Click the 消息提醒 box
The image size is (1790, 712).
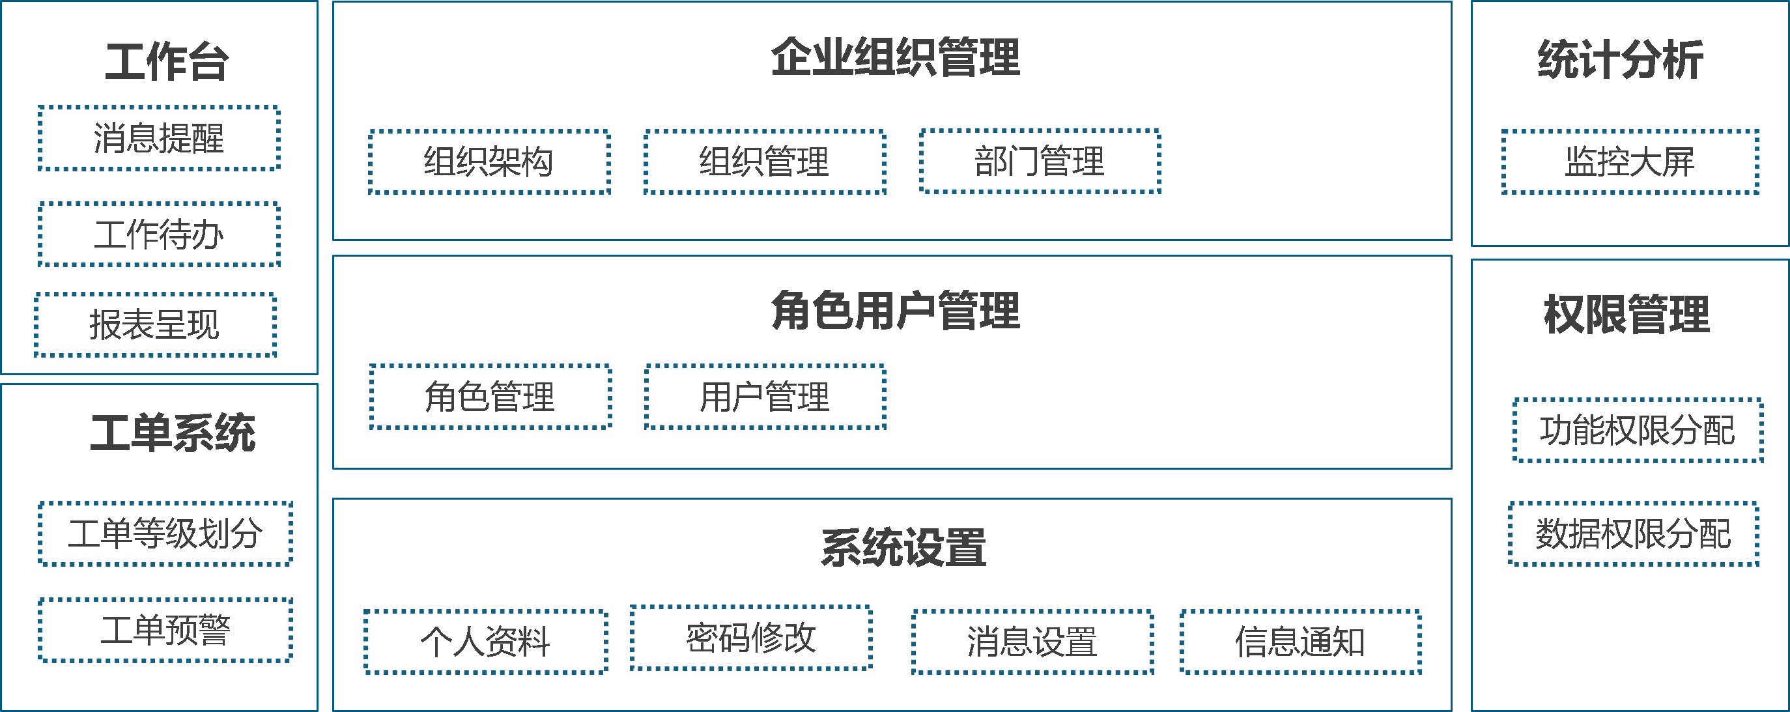click(159, 137)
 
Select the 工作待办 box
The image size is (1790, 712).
click(159, 234)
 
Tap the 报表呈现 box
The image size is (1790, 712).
click(155, 324)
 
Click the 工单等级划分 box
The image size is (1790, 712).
click(165, 534)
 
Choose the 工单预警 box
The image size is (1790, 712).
click(165, 630)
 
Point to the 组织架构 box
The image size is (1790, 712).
click(489, 161)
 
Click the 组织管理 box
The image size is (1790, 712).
click(764, 161)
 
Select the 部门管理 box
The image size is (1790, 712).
click(1040, 161)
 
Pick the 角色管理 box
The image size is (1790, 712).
click(490, 397)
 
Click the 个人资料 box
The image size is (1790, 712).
click(485, 641)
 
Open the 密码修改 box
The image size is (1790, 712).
click(750, 638)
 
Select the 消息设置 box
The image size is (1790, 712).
click(1032, 641)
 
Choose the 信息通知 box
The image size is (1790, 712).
click(1300, 641)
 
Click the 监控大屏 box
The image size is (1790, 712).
click(1630, 161)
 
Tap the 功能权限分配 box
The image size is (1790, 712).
click(1637, 430)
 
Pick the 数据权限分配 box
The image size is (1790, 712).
click(1633, 534)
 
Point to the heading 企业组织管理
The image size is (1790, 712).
click(895, 57)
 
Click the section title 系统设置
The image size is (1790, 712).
click(903, 547)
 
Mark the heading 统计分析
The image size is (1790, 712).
click(1621, 60)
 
